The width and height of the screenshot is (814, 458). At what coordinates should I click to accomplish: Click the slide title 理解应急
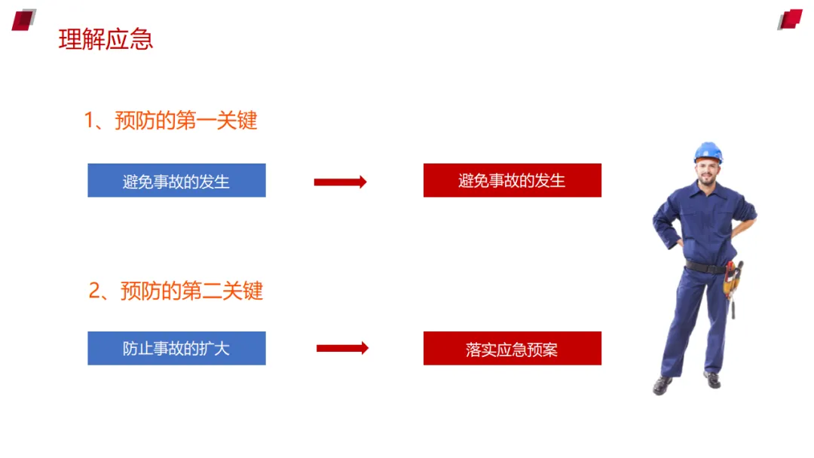click(106, 39)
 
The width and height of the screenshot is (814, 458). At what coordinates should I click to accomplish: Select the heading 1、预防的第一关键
click(170, 121)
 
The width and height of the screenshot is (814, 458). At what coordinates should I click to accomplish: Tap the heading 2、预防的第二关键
click(176, 291)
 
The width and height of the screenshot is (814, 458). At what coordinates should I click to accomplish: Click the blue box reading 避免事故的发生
click(176, 181)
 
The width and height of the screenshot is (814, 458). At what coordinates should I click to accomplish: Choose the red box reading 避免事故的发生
click(512, 181)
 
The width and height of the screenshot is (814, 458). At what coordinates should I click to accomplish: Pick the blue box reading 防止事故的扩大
click(176, 349)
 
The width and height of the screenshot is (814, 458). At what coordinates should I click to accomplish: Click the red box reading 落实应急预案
click(512, 349)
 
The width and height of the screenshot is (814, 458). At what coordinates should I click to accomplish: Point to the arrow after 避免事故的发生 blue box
click(340, 182)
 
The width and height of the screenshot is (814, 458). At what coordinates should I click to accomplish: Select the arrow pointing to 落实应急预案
click(342, 348)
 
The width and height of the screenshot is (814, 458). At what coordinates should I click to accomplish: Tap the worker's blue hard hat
click(708, 151)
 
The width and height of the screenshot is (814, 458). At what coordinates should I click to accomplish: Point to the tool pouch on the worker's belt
click(731, 280)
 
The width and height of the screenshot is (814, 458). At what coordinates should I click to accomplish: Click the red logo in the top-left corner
click(23, 20)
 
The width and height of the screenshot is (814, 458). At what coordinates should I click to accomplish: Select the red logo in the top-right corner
click(790, 20)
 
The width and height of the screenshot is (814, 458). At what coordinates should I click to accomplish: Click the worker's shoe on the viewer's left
click(663, 385)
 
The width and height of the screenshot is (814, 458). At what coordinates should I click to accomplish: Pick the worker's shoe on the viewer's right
click(712, 380)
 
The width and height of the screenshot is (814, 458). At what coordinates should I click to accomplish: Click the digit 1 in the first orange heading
click(89, 121)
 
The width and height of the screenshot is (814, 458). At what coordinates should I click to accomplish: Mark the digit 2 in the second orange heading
click(95, 291)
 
